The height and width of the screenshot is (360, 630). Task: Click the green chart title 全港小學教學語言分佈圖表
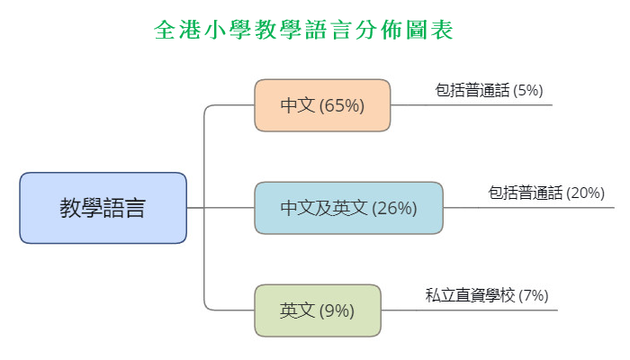pos(303,30)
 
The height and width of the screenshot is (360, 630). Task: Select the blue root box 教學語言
pos(103,208)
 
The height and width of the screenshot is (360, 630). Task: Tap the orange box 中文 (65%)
pos(322,105)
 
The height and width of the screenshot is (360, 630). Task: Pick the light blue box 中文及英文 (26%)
pos(348,208)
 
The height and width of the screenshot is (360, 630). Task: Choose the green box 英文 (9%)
pos(317,310)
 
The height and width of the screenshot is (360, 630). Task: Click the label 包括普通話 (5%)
pos(489,90)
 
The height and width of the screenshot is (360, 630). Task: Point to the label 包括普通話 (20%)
pos(546,193)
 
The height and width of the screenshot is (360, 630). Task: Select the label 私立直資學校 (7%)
pos(486,295)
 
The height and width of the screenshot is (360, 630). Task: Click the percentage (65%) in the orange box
pos(342,105)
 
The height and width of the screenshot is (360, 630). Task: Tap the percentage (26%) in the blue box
pos(394,208)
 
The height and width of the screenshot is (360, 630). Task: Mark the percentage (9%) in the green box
pos(337,310)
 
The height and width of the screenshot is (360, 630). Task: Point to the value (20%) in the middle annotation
pos(586,193)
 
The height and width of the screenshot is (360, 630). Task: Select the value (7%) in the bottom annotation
pos(534,295)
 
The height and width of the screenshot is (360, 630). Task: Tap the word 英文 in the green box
pos(297,310)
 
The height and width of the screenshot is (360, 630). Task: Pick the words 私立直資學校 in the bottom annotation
pos(470,295)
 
